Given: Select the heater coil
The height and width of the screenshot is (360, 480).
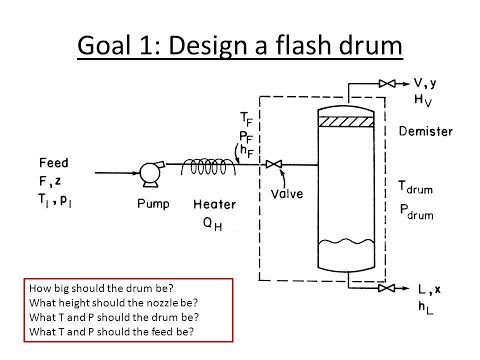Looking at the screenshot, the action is click(209, 166).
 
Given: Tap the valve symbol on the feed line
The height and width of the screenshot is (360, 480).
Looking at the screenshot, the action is click(274, 164).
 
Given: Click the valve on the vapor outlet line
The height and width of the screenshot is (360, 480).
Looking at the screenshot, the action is click(387, 83).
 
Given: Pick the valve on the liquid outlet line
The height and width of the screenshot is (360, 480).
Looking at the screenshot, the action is click(387, 288).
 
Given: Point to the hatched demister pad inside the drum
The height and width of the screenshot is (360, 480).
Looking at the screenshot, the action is click(346, 122).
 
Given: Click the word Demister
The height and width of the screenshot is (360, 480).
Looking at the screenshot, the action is click(426, 131).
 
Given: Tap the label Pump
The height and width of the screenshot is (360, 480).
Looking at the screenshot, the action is click(153, 204).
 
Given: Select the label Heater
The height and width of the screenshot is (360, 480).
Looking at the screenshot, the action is click(215, 204).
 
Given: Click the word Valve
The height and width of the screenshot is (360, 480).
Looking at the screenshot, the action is click(287, 194).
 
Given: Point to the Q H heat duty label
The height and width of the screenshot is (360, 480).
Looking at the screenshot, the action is click(212, 224).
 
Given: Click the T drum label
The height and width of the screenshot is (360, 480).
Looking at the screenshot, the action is click(416, 188).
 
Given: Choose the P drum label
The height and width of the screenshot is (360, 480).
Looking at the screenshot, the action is click(416, 212).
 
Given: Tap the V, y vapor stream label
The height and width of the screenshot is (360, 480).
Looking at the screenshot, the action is click(425, 83).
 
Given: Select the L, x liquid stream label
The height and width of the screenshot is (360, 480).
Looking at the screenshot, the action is click(430, 289).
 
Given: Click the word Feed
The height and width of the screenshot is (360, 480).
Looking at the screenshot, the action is click(54, 163).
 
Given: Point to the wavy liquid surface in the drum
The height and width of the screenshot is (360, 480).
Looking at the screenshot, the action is click(346, 242).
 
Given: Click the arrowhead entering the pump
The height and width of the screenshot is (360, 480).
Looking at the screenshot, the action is click(137, 173).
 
